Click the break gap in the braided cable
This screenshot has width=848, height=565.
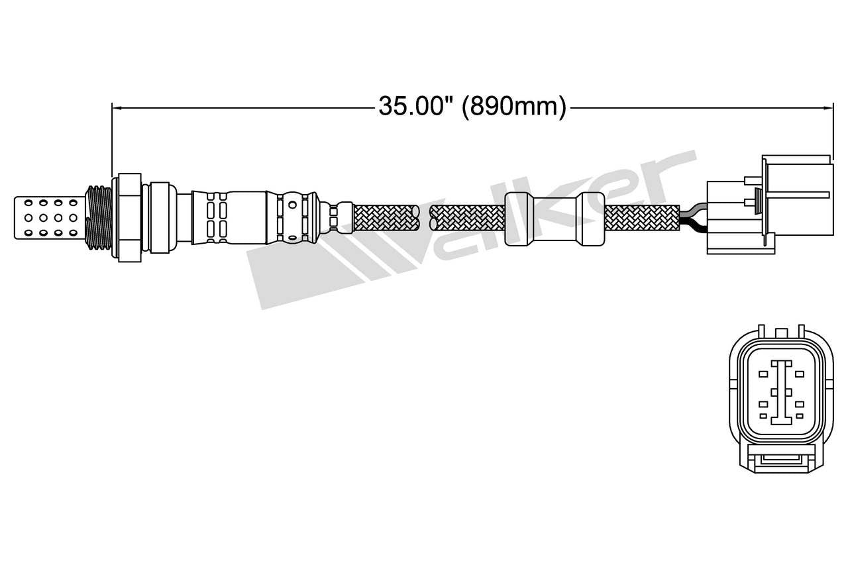425,217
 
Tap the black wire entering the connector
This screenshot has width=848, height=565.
693,227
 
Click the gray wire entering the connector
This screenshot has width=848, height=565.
693,211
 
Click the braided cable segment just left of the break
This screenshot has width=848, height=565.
384,217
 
